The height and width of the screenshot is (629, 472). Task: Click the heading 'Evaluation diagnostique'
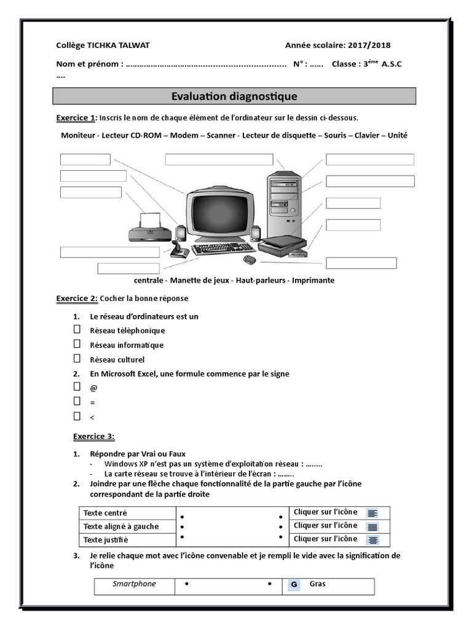(234, 96)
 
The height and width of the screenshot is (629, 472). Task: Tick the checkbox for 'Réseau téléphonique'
(77, 329)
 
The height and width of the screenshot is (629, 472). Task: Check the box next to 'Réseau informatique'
(77, 344)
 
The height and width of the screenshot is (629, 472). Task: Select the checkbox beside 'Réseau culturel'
(77, 359)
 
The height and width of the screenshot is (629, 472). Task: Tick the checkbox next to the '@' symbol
(77, 387)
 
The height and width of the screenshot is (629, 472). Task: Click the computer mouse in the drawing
(249, 260)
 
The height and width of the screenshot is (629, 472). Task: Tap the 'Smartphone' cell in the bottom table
(134, 584)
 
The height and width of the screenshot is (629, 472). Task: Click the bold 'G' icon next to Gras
(294, 585)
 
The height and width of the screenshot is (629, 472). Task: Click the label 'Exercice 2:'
(77, 299)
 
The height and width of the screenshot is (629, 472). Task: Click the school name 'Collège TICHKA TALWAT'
(103, 45)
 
